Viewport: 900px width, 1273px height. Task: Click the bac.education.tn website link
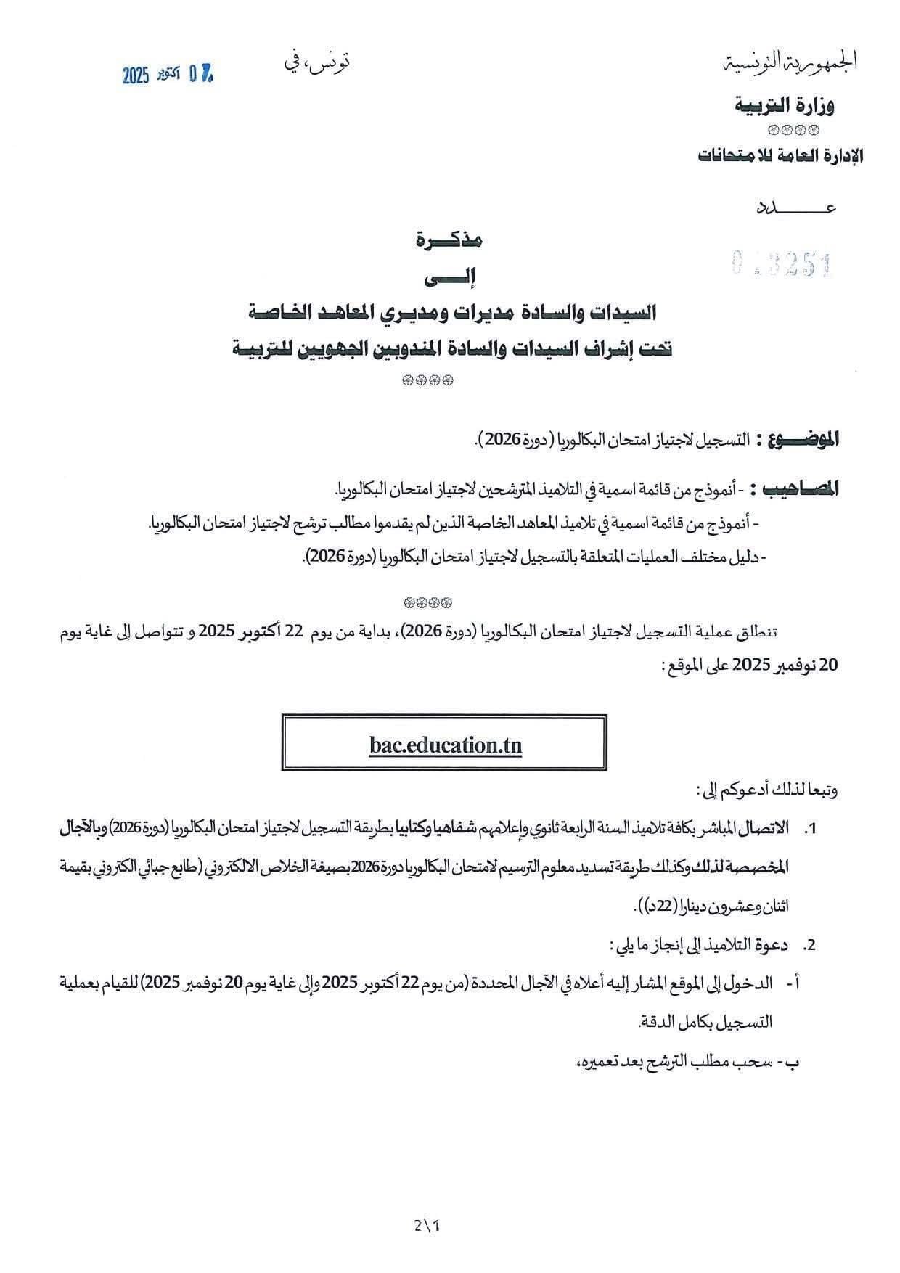[x=444, y=745]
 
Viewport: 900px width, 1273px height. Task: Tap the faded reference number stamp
[x=781, y=266]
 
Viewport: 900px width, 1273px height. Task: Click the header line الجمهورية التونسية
[x=791, y=62]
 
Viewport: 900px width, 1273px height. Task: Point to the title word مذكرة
[x=449, y=240]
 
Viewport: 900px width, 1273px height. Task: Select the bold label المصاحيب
[x=797, y=488]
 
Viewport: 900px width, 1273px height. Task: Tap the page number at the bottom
[x=427, y=1226]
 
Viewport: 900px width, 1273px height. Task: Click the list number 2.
[x=811, y=946]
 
